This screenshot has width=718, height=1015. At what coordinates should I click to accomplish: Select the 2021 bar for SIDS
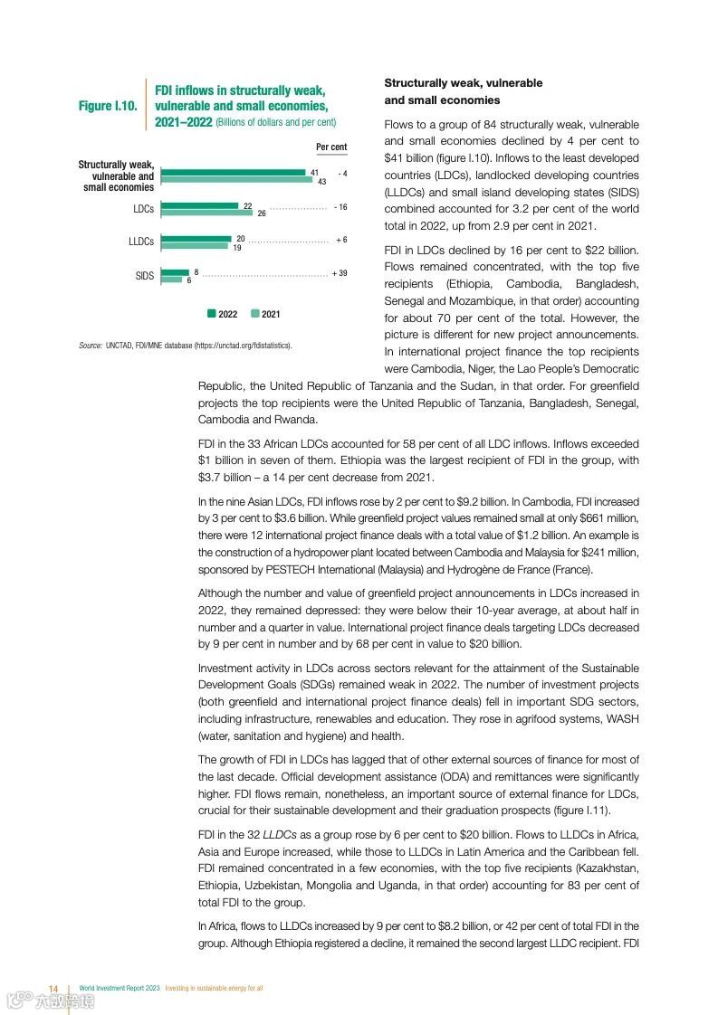[x=171, y=280]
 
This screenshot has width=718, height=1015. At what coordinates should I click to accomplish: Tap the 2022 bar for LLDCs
[x=196, y=239]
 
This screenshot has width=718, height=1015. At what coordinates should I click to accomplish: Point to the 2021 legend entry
[x=265, y=314]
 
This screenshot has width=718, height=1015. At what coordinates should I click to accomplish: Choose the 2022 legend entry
[x=222, y=314]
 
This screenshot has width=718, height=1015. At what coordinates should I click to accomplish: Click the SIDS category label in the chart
[x=145, y=276]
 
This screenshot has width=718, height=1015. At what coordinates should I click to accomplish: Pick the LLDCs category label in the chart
[x=141, y=242]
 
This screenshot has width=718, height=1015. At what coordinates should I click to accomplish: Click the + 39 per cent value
[x=340, y=272]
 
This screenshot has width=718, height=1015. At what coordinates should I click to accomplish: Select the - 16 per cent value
[x=340, y=207]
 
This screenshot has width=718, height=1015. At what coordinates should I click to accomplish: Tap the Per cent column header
[x=331, y=147]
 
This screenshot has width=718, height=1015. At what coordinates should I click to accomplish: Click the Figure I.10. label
[x=108, y=106]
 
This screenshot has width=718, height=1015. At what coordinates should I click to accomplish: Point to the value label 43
[x=321, y=183]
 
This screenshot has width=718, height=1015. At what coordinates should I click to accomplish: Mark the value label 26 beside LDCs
[x=262, y=213]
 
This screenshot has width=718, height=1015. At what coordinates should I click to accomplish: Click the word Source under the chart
[x=90, y=346]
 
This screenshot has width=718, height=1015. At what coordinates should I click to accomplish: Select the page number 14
[x=53, y=987]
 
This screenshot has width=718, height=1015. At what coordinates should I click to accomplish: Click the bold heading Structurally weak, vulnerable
[x=464, y=83]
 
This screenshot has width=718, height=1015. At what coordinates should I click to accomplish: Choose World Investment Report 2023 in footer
[x=120, y=987]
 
